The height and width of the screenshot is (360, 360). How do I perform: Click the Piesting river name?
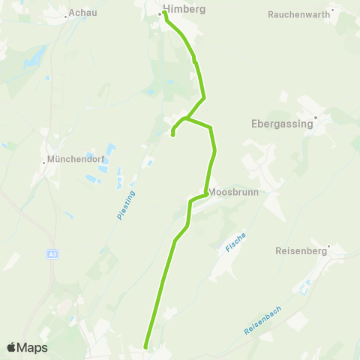(124, 204)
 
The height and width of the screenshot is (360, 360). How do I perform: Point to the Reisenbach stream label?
(263, 320)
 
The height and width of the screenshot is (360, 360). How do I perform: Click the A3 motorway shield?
(52, 254)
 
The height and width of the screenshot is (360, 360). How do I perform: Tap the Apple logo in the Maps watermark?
(11, 347)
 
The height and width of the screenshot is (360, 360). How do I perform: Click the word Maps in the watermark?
(32, 347)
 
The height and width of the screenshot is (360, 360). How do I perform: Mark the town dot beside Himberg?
(159, 13)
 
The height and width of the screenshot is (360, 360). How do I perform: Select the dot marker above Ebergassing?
(316, 117)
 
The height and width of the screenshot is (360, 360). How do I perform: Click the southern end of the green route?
(145, 347)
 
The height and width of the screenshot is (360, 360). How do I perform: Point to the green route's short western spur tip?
(173, 135)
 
